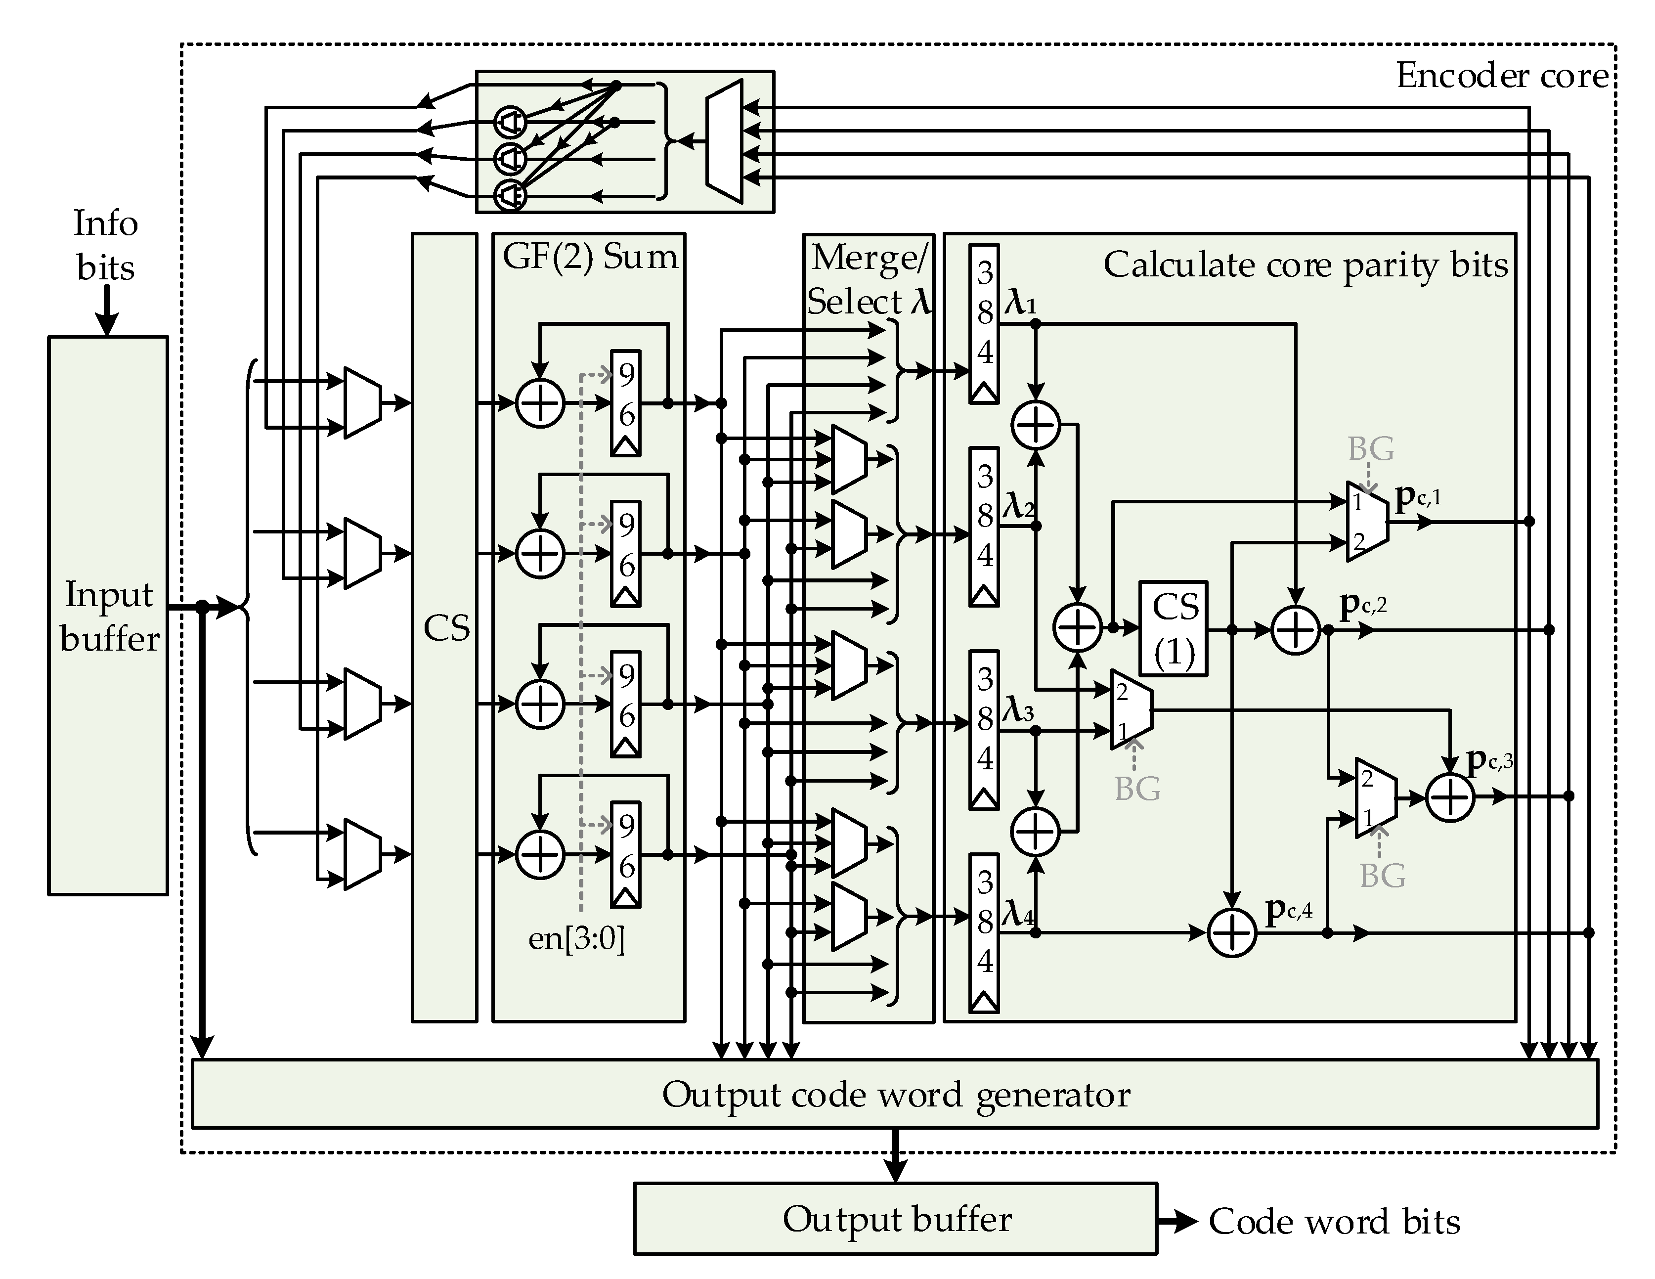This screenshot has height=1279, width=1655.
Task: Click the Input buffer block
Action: coord(108,615)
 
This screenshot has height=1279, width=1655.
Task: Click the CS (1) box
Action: coord(1173,629)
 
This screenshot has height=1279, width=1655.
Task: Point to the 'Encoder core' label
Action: coord(1501,76)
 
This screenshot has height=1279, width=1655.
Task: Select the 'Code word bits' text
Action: coord(1334,1222)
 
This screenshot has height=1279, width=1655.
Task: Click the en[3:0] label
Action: coord(576,939)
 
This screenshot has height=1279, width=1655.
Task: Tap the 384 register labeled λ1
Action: coord(984,323)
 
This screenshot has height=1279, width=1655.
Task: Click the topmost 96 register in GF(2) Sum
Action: coord(626,402)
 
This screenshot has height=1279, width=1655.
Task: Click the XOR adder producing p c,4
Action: coord(1231,933)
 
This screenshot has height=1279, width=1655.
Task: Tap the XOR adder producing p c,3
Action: coord(1450,797)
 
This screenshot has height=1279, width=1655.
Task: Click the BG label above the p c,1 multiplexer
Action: coord(1370,449)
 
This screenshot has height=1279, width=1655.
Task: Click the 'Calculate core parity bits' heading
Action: coord(1305,265)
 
